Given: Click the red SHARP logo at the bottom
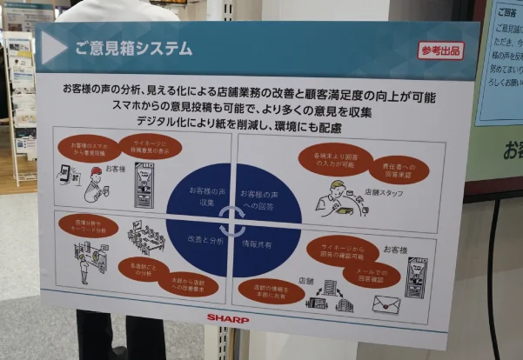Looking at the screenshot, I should click(x=227, y=317).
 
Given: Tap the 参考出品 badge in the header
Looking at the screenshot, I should click(x=441, y=50).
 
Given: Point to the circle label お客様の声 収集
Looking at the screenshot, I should click(x=206, y=196).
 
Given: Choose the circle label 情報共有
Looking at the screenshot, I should click(x=258, y=245).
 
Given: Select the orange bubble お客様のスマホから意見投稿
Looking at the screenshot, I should click(x=90, y=145).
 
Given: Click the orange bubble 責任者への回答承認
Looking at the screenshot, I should click(x=399, y=169).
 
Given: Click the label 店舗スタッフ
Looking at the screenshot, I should click(x=383, y=192).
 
